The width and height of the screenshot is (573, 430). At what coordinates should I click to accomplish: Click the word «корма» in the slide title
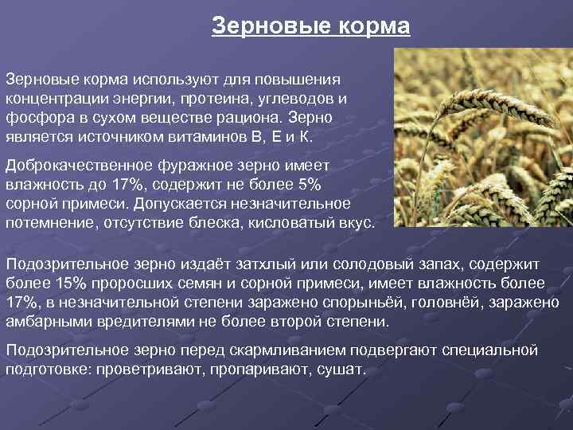(x=372, y=27)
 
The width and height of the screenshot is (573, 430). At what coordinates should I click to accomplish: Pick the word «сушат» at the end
(x=341, y=370)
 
